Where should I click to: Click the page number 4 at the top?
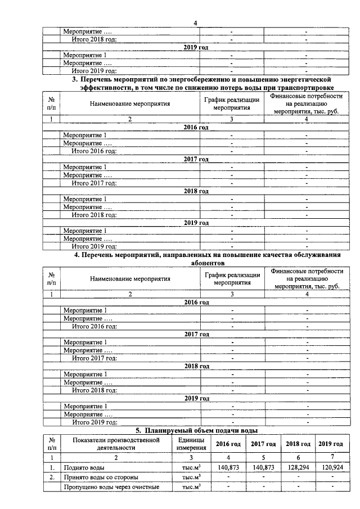(x=195, y=23)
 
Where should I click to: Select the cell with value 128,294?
(x=297, y=466)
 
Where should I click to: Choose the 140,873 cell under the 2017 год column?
(x=262, y=466)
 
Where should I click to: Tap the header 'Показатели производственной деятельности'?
(x=115, y=443)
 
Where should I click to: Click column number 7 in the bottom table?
(x=332, y=456)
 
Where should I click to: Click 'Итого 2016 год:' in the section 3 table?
(x=94, y=151)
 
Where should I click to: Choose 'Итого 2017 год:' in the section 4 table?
(x=94, y=358)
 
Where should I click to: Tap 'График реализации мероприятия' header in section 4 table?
(x=232, y=278)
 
